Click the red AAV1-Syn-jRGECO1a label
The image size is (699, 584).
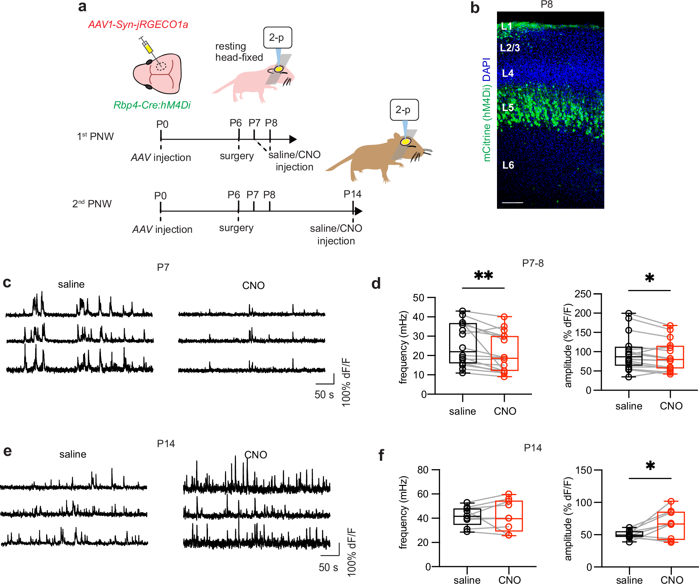point(138,24)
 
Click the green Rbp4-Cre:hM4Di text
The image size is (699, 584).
point(152,105)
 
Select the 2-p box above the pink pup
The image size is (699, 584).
point(277,37)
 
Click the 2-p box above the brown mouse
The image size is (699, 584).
point(404,110)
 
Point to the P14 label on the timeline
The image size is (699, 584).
point(352,194)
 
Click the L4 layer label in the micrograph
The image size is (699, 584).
point(507,73)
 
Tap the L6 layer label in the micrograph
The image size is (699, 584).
point(508,165)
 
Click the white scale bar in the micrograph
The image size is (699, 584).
point(512,202)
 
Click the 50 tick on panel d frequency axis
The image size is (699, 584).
point(418,298)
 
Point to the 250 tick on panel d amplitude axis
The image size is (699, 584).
point(583,294)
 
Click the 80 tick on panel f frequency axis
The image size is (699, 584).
point(423,470)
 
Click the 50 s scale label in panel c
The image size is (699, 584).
point(324,395)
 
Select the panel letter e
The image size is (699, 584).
point(7,451)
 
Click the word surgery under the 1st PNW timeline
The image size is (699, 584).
point(237,156)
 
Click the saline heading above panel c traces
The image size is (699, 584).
point(71,284)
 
